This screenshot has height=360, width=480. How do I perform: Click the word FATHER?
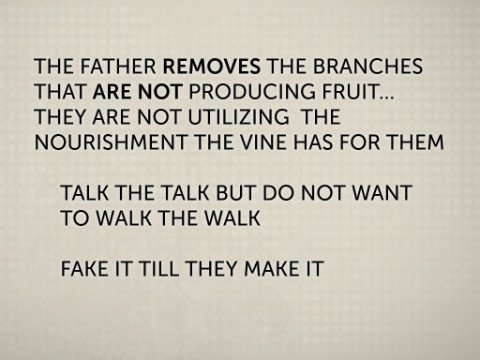coord(118,66)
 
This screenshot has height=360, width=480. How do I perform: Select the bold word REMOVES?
coord(212,66)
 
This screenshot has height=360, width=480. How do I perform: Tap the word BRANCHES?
coord(368,66)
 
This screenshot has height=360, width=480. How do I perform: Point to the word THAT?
coord(60,91)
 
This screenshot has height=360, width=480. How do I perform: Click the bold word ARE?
coord(112,91)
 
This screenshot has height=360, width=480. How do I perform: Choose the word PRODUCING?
coord(252,91)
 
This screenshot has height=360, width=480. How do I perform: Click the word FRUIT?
coord(350,91)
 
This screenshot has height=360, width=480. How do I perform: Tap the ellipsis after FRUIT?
coord(386,97)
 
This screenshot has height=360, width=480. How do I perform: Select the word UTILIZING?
coord(239,117)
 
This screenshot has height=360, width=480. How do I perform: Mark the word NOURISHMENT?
coord(111,142)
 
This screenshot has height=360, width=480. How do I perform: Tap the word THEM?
coord(415,142)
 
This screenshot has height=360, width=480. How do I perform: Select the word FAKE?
coord(85,268)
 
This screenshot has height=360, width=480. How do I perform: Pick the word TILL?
coord(159,268)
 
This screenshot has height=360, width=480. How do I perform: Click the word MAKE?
coord(269,268)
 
